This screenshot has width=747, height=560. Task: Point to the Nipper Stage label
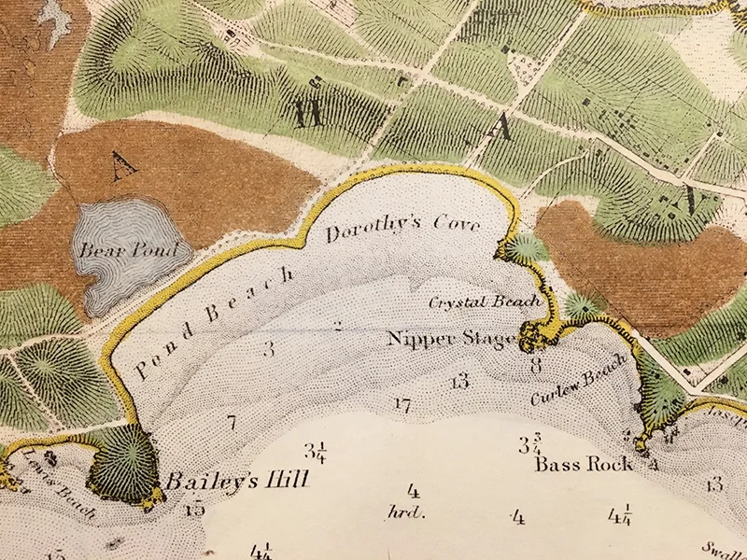451,338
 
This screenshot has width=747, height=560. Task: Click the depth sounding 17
402,404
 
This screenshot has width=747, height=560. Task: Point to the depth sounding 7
231,422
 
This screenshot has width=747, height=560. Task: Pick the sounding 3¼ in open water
315,453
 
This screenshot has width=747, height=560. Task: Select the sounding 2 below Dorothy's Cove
338,326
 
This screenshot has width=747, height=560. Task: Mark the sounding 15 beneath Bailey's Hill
195,509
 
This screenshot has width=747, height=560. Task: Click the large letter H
304,115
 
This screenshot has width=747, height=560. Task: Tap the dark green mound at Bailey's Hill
123,460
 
